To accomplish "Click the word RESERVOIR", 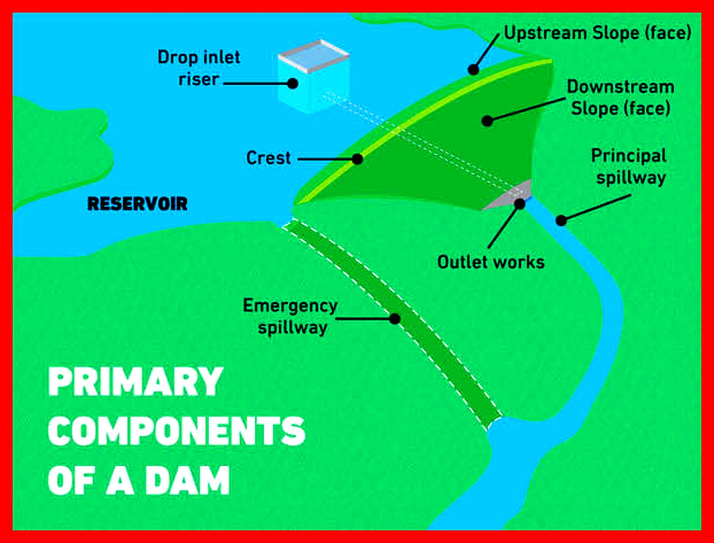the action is click(x=137, y=204).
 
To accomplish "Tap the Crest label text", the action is click(x=268, y=158).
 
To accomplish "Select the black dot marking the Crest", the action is click(x=357, y=159).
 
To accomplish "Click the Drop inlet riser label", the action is click(x=199, y=68).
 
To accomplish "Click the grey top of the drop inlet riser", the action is click(x=314, y=55).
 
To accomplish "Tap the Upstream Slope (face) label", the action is click(x=598, y=33).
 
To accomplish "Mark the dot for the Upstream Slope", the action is click(x=473, y=69).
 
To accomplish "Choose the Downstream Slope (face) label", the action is click(x=621, y=98).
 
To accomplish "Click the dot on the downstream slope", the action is click(x=487, y=121).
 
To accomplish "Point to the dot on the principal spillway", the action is click(x=561, y=220).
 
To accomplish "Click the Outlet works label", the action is click(x=491, y=262).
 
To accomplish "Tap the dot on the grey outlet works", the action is click(x=519, y=204).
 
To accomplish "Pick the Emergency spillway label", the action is click(x=290, y=317).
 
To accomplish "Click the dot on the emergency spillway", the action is click(x=395, y=318).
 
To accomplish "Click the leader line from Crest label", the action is click(x=325, y=159).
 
